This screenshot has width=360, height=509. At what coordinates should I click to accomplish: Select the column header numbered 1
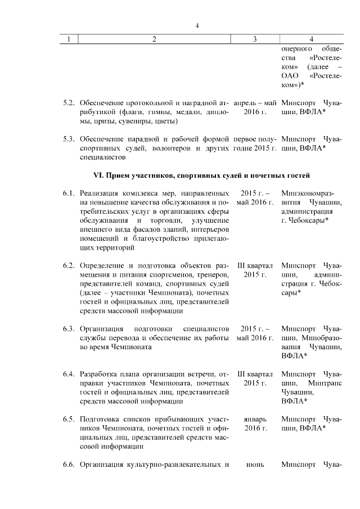pyautogui.click(x=69, y=39)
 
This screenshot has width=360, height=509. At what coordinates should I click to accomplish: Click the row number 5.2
pyautogui.click(x=69, y=103)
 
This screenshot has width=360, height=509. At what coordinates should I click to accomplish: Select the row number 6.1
pyautogui.click(x=69, y=193)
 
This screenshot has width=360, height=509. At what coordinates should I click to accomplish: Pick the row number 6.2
pyautogui.click(x=69, y=265)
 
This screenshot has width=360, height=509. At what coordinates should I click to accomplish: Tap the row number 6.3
pyautogui.click(x=69, y=328)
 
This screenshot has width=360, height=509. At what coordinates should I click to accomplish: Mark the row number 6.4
pyautogui.click(x=69, y=373)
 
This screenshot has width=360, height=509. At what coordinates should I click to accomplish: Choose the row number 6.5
pyautogui.click(x=69, y=419)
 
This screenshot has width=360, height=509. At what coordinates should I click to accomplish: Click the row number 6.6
pyautogui.click(x=69, y=465)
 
